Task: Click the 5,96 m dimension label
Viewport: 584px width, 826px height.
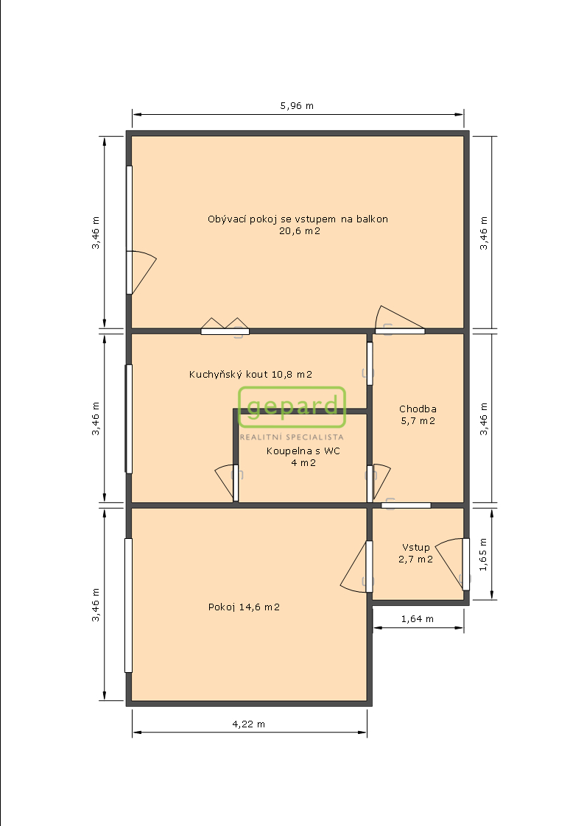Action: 297,106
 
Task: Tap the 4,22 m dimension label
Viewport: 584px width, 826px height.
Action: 249,724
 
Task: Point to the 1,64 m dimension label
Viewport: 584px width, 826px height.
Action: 418,619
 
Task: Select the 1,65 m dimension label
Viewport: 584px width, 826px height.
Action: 483,554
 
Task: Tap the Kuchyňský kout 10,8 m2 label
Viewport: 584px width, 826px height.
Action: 250,375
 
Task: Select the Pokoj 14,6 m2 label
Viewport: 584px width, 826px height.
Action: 244,607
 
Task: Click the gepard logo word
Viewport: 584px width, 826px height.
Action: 292,406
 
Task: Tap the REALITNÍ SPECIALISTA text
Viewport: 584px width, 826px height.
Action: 292,437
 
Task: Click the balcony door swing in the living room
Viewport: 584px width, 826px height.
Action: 142,272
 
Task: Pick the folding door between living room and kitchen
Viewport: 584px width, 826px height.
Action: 225,325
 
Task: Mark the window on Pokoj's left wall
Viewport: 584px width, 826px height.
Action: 128,605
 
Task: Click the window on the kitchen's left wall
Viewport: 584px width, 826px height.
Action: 129,419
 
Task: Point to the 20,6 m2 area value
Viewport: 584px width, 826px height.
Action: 300,230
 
